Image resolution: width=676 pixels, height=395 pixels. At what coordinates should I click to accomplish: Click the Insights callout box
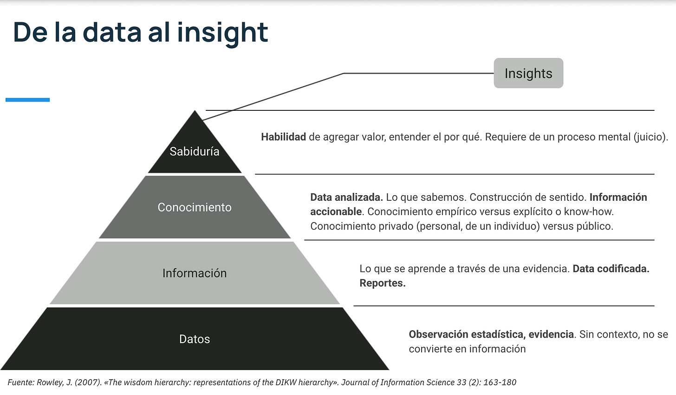528,73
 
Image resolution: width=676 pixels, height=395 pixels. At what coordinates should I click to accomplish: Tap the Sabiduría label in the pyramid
195,152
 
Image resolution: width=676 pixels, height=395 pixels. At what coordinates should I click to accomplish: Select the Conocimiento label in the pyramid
195,207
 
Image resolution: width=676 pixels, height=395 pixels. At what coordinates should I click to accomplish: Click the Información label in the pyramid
195,273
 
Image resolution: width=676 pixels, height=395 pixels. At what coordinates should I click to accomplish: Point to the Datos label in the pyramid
195,339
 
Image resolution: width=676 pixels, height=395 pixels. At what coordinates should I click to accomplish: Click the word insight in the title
222,32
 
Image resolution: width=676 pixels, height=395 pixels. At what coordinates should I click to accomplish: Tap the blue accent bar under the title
27,100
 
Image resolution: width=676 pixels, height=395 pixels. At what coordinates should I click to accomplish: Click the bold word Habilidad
283,137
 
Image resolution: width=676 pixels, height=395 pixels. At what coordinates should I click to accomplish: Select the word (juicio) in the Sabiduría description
651,137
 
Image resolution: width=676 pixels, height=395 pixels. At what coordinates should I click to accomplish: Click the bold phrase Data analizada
346,197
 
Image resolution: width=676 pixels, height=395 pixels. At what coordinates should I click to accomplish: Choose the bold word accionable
336,211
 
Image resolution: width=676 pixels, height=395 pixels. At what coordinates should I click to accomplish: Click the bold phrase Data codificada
611,268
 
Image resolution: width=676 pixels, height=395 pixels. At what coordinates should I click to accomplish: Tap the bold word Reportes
382,283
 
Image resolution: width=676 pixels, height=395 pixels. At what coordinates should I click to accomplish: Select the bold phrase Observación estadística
467,334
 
